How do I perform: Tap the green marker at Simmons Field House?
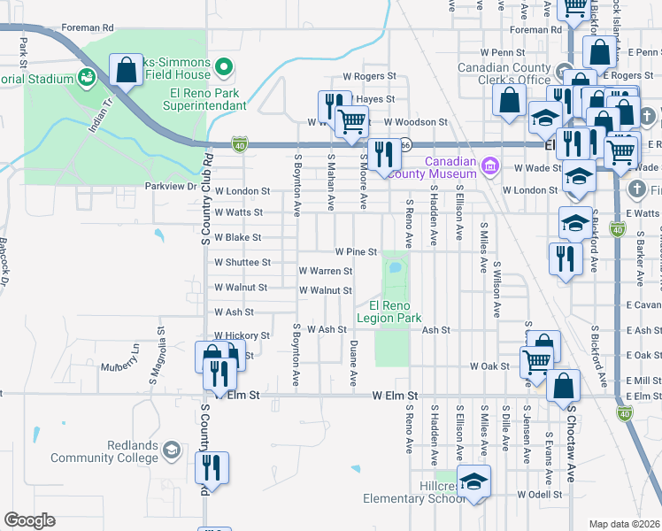[x=224, y=65]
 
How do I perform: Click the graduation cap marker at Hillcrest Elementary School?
[x=475, y=483]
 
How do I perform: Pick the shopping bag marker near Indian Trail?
[x=126, y=70]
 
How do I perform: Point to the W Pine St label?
[x=356, y=252]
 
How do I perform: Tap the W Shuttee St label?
[x=242, y=263]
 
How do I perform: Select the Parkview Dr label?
[x=171, y=187]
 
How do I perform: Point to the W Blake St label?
[x=238, y=238]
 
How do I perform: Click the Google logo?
[x=29, y=520]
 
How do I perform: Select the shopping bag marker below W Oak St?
[x=563, y=386]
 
